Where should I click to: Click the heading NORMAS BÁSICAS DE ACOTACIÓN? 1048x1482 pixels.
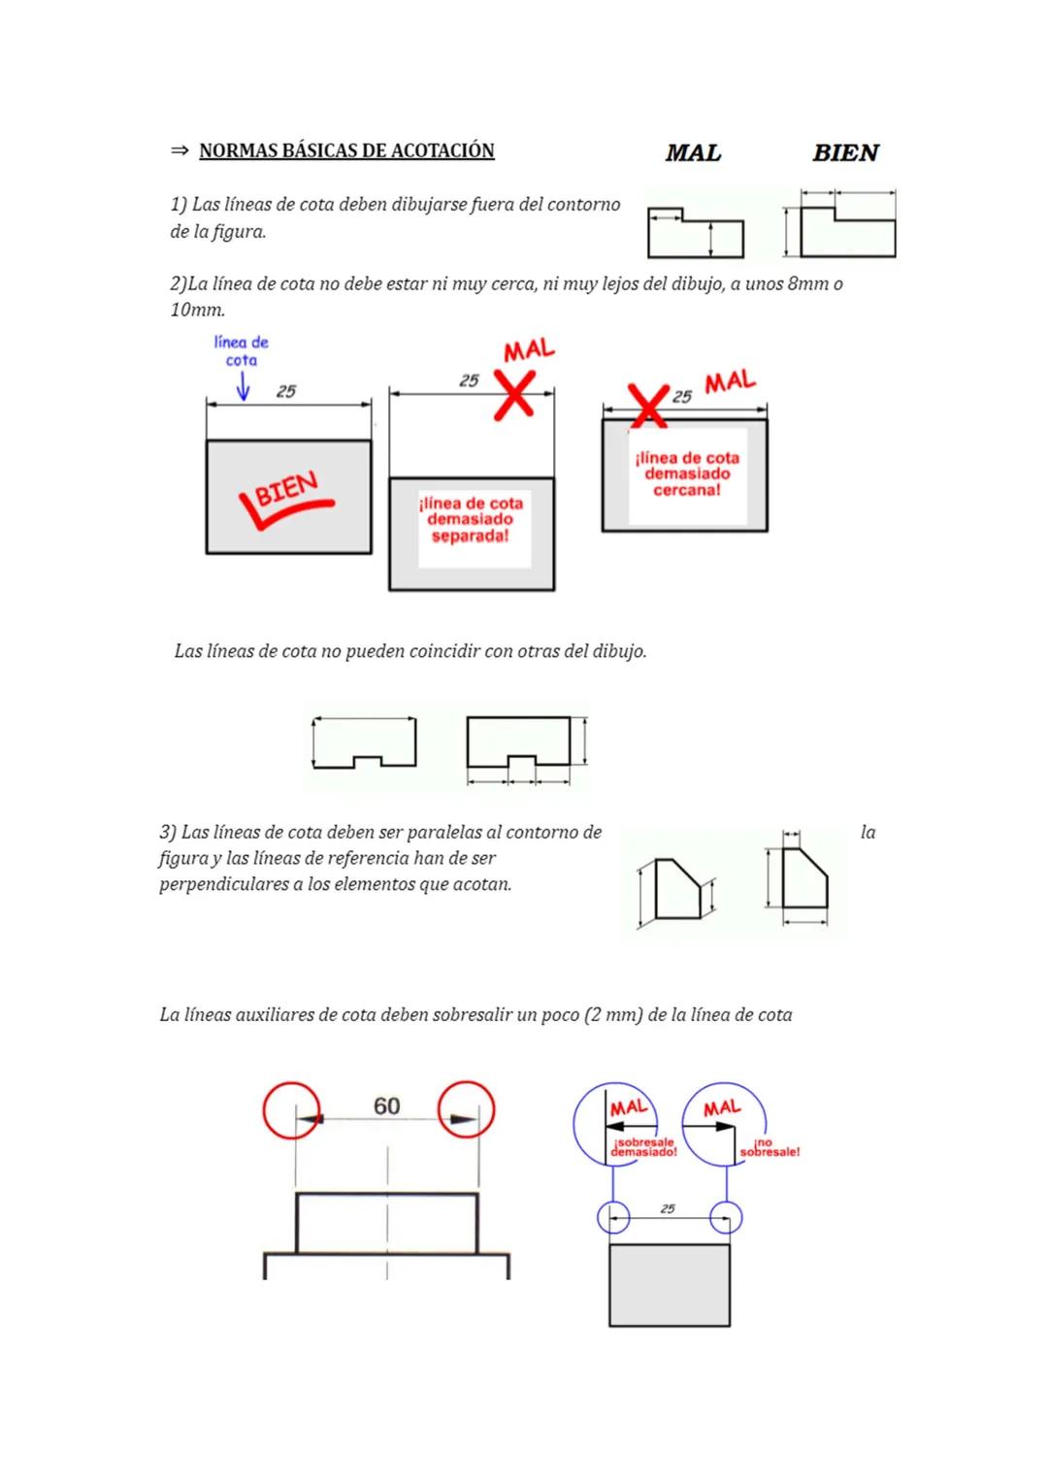pos(346,150)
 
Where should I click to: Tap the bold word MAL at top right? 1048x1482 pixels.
pos(693,152)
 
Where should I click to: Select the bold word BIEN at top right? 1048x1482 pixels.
pos(845,152)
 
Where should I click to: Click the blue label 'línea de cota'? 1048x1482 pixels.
pos(241,350)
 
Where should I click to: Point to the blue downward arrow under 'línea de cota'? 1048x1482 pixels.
pos(243,388)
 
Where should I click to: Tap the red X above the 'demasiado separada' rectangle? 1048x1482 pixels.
pos(515,394)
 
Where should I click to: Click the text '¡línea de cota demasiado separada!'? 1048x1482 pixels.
pos(471,519)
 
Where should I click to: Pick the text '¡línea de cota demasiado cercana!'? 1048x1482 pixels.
pos(687,474)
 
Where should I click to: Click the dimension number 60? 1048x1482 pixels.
pos(386,1106)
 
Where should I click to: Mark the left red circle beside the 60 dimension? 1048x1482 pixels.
pos(291,1108)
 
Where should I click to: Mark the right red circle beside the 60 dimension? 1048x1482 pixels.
pos(466,1108)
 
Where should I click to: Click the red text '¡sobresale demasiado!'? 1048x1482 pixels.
pos(643,1147)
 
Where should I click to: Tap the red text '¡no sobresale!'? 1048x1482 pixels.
pos(770,1148)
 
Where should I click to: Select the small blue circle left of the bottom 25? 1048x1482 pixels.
pos(612,1217)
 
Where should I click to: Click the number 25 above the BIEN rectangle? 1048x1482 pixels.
pos(285,391)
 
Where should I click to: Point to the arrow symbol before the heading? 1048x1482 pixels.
pos(179,150)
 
